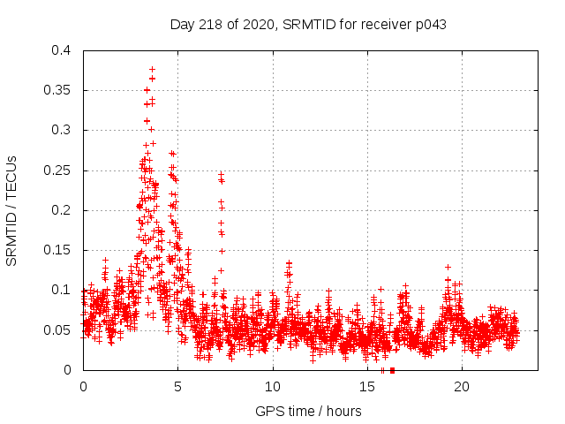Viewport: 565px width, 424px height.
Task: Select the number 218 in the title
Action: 214,24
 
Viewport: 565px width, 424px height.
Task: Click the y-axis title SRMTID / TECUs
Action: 11,210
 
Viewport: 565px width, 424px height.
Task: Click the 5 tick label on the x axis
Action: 177,387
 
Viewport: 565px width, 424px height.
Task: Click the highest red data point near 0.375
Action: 152,69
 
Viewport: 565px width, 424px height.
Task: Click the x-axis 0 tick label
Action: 83,387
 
